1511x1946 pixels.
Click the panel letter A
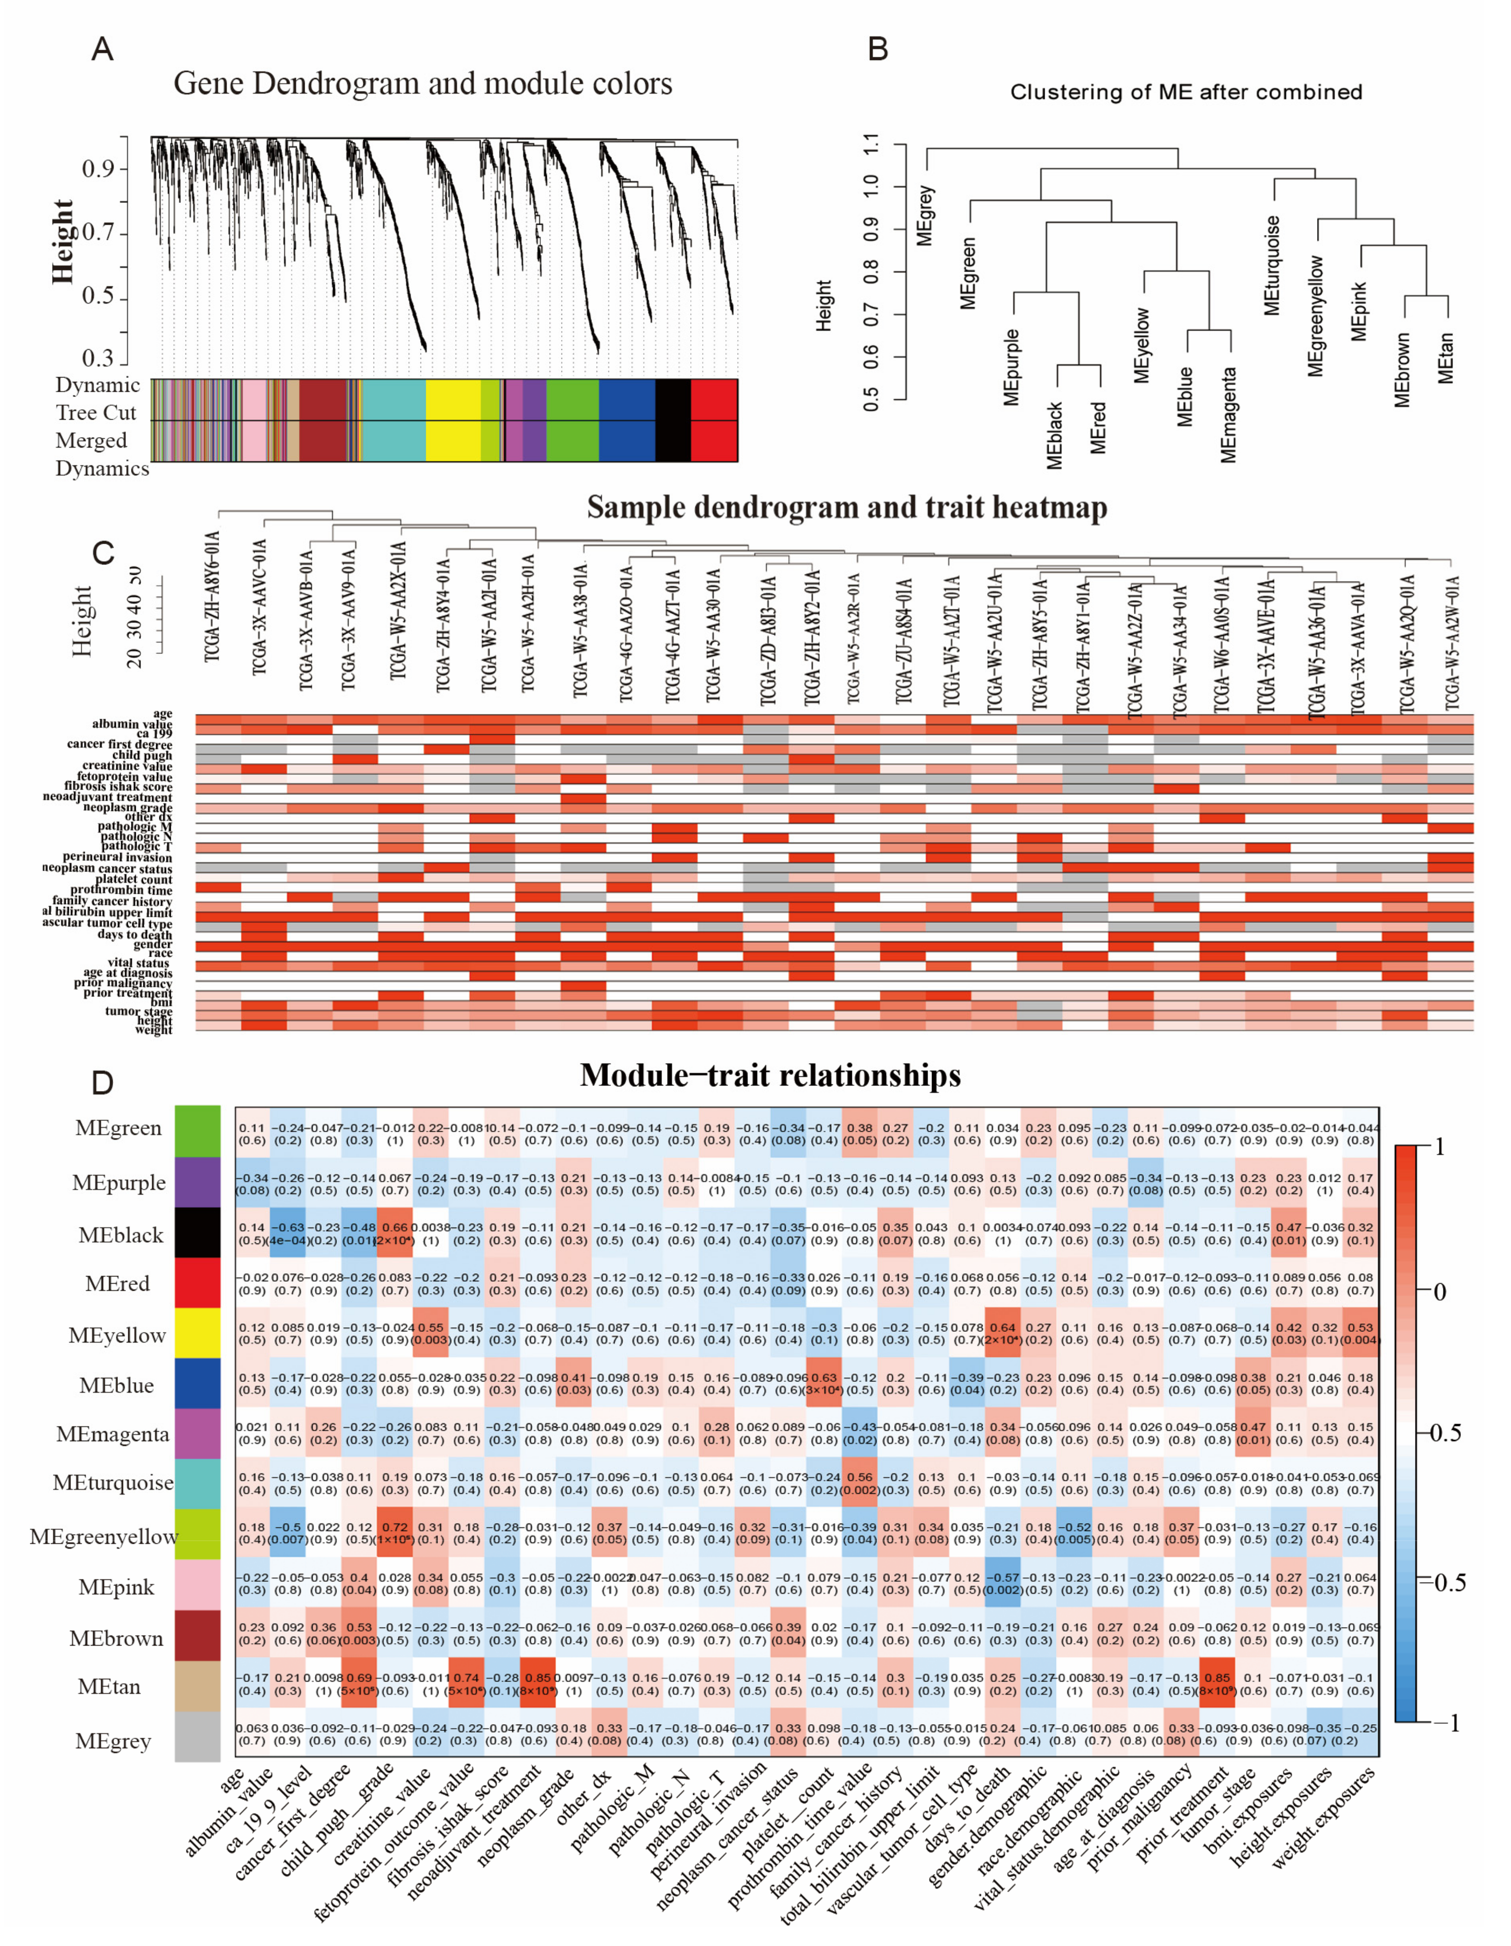click(x=103, y=48)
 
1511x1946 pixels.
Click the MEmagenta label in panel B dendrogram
click(x=1229, y=415)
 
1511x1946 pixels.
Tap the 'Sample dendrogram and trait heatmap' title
click(x=846, y=508)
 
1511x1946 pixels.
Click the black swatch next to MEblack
click(x=197, y=1233)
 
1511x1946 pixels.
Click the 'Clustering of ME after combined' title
click(x=1186, y=93)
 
